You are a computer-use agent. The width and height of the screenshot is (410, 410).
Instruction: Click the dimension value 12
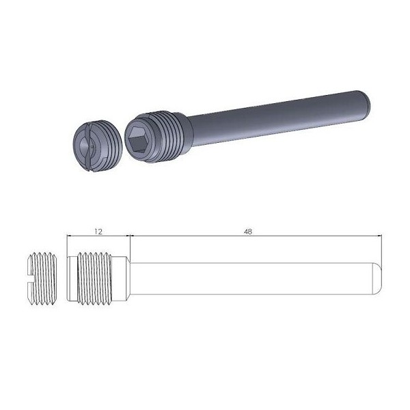(x=98, y=232)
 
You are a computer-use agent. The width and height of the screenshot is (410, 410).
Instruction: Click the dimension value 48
(x=248, y=232)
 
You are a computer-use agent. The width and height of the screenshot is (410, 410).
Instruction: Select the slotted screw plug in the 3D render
(x=97, y=146)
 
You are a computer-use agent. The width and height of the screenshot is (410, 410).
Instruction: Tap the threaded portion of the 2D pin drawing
(x=95, y=278)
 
